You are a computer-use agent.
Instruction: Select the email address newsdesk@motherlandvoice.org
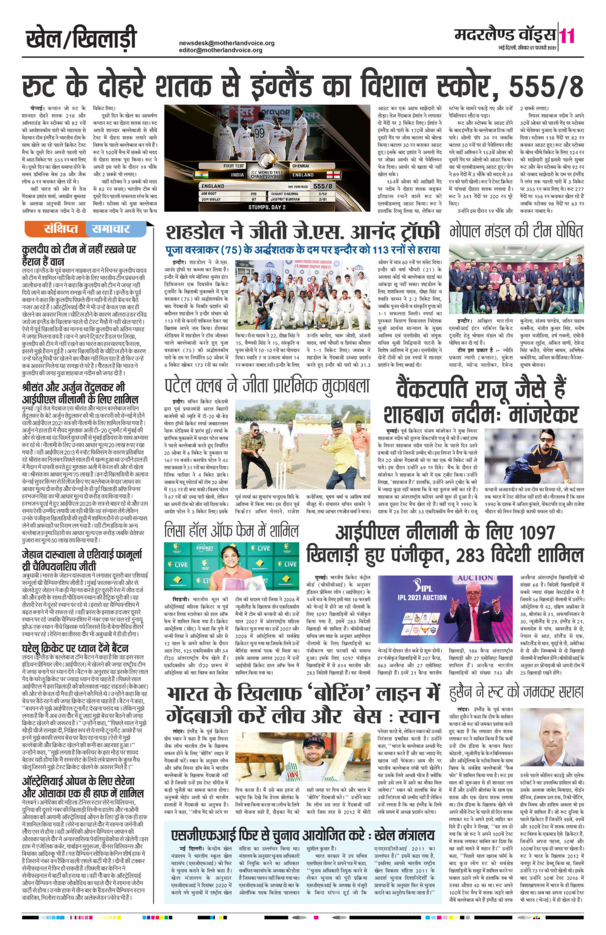point(227,43)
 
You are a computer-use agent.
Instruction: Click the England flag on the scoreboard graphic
point(336,175)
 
